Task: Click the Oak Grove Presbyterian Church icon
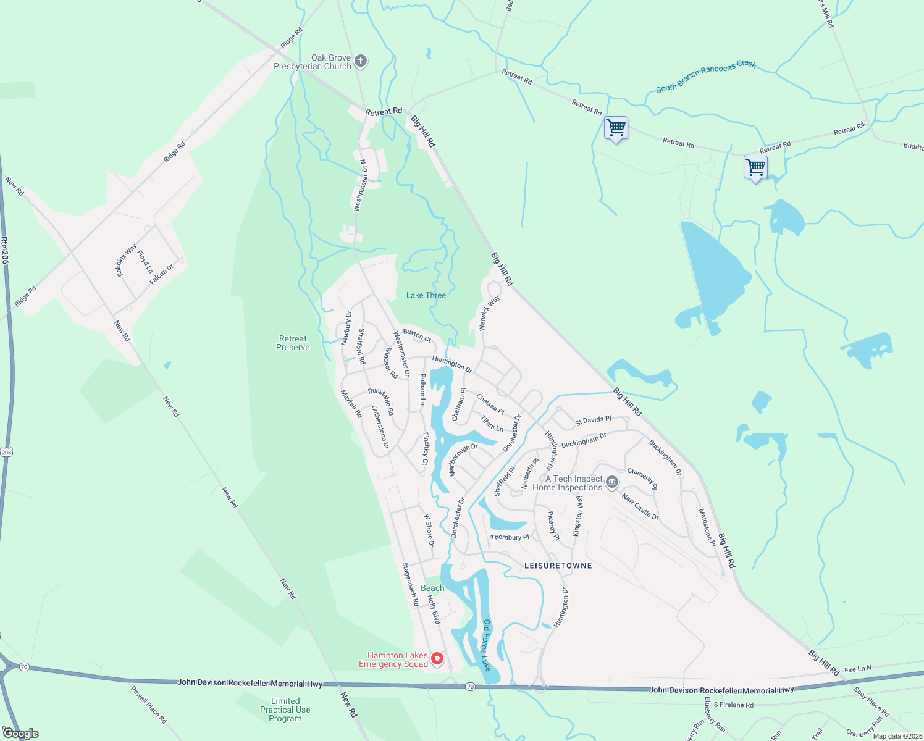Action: click(x=361, y=61)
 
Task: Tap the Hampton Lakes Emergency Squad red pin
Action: click(x=437, y=659)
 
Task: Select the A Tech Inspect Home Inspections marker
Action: click(x=611, y=482)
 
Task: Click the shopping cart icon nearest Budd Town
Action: click(x=755, y=167)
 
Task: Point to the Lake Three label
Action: click(x=426, y=295)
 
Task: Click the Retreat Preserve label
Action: click(x=293, y=343)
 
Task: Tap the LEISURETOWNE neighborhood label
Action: click(x=558, y=566)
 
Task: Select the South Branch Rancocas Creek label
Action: click(x=705, y=76)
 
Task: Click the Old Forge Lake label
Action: click(x=487, y=645)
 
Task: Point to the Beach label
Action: click(x=432, y=588)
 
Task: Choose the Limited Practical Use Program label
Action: click(x=285, y=710)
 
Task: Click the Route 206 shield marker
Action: click(x=6, y=453)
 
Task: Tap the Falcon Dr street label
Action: click(x=162, y=274)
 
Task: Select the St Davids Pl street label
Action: click(x=592, y=421)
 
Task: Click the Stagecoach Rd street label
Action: click(x=410, y=584)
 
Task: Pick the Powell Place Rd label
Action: click(x=149, y=704)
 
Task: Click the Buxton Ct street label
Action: click(x=417, y=335)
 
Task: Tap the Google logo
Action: click(x=20, y=734)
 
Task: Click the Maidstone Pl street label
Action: click(x=707, y=527)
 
